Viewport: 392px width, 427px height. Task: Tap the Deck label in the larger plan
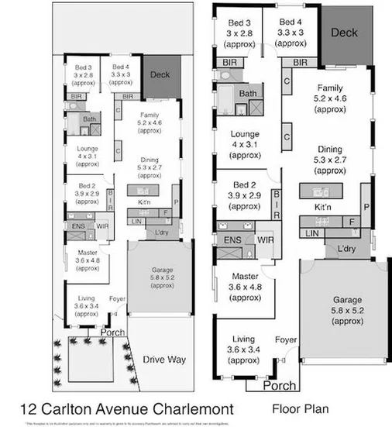[344, 33]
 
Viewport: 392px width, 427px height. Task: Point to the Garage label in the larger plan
[336, 299]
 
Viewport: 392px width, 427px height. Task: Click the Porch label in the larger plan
[280, 385]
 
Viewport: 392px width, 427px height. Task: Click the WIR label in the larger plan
[266, 240]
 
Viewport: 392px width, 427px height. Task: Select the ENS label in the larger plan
[232, 240]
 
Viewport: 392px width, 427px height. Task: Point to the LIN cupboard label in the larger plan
[311, 233]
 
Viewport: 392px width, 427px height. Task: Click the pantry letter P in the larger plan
[366, 207]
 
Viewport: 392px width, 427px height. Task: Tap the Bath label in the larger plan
[248, 94]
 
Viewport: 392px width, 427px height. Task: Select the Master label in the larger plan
[243, 276]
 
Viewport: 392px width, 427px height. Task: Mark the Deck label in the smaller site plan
[160, 75]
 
